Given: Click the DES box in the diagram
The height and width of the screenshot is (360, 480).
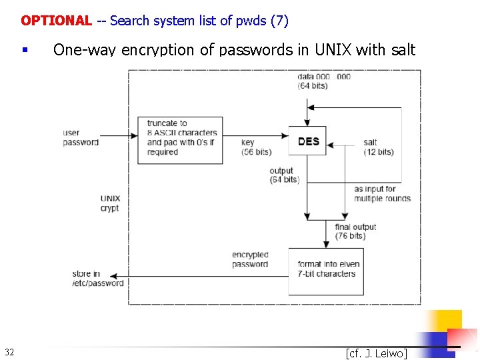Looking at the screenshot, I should click(x=307, y=141).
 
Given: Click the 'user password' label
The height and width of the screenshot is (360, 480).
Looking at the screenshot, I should click(x=81, y=137).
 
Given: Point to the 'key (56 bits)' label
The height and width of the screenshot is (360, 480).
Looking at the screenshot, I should click(x=256, y=147).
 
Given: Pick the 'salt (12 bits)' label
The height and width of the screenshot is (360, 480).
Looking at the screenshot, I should click(x=378, y=147).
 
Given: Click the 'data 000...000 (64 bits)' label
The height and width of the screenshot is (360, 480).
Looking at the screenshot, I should click(x=324, y=81).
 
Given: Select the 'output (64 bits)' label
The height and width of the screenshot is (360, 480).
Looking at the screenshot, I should click(x=285, y=175).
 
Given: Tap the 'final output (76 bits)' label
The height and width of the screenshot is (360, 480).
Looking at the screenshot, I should click(x=355, y=231).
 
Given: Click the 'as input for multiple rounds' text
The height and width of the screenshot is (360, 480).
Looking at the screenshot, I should click(x=382, y=193).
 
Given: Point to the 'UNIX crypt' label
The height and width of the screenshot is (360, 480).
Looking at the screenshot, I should click(x=110, y=203).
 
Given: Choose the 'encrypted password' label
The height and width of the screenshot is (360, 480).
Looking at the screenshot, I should click(x=250, y=259).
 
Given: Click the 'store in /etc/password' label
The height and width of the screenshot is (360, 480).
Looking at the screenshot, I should click(x=98, y=278).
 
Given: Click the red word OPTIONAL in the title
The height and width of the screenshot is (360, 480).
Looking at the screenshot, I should click(x=56, y=21).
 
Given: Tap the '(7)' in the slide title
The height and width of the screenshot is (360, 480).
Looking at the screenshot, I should click(x=279, y=21).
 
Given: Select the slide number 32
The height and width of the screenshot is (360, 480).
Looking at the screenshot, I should click(x=9, y=352).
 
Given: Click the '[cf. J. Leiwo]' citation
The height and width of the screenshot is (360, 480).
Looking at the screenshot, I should click(x=376, y=353).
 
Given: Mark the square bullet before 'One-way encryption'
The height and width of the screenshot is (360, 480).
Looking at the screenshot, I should click(x=24, y=50).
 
